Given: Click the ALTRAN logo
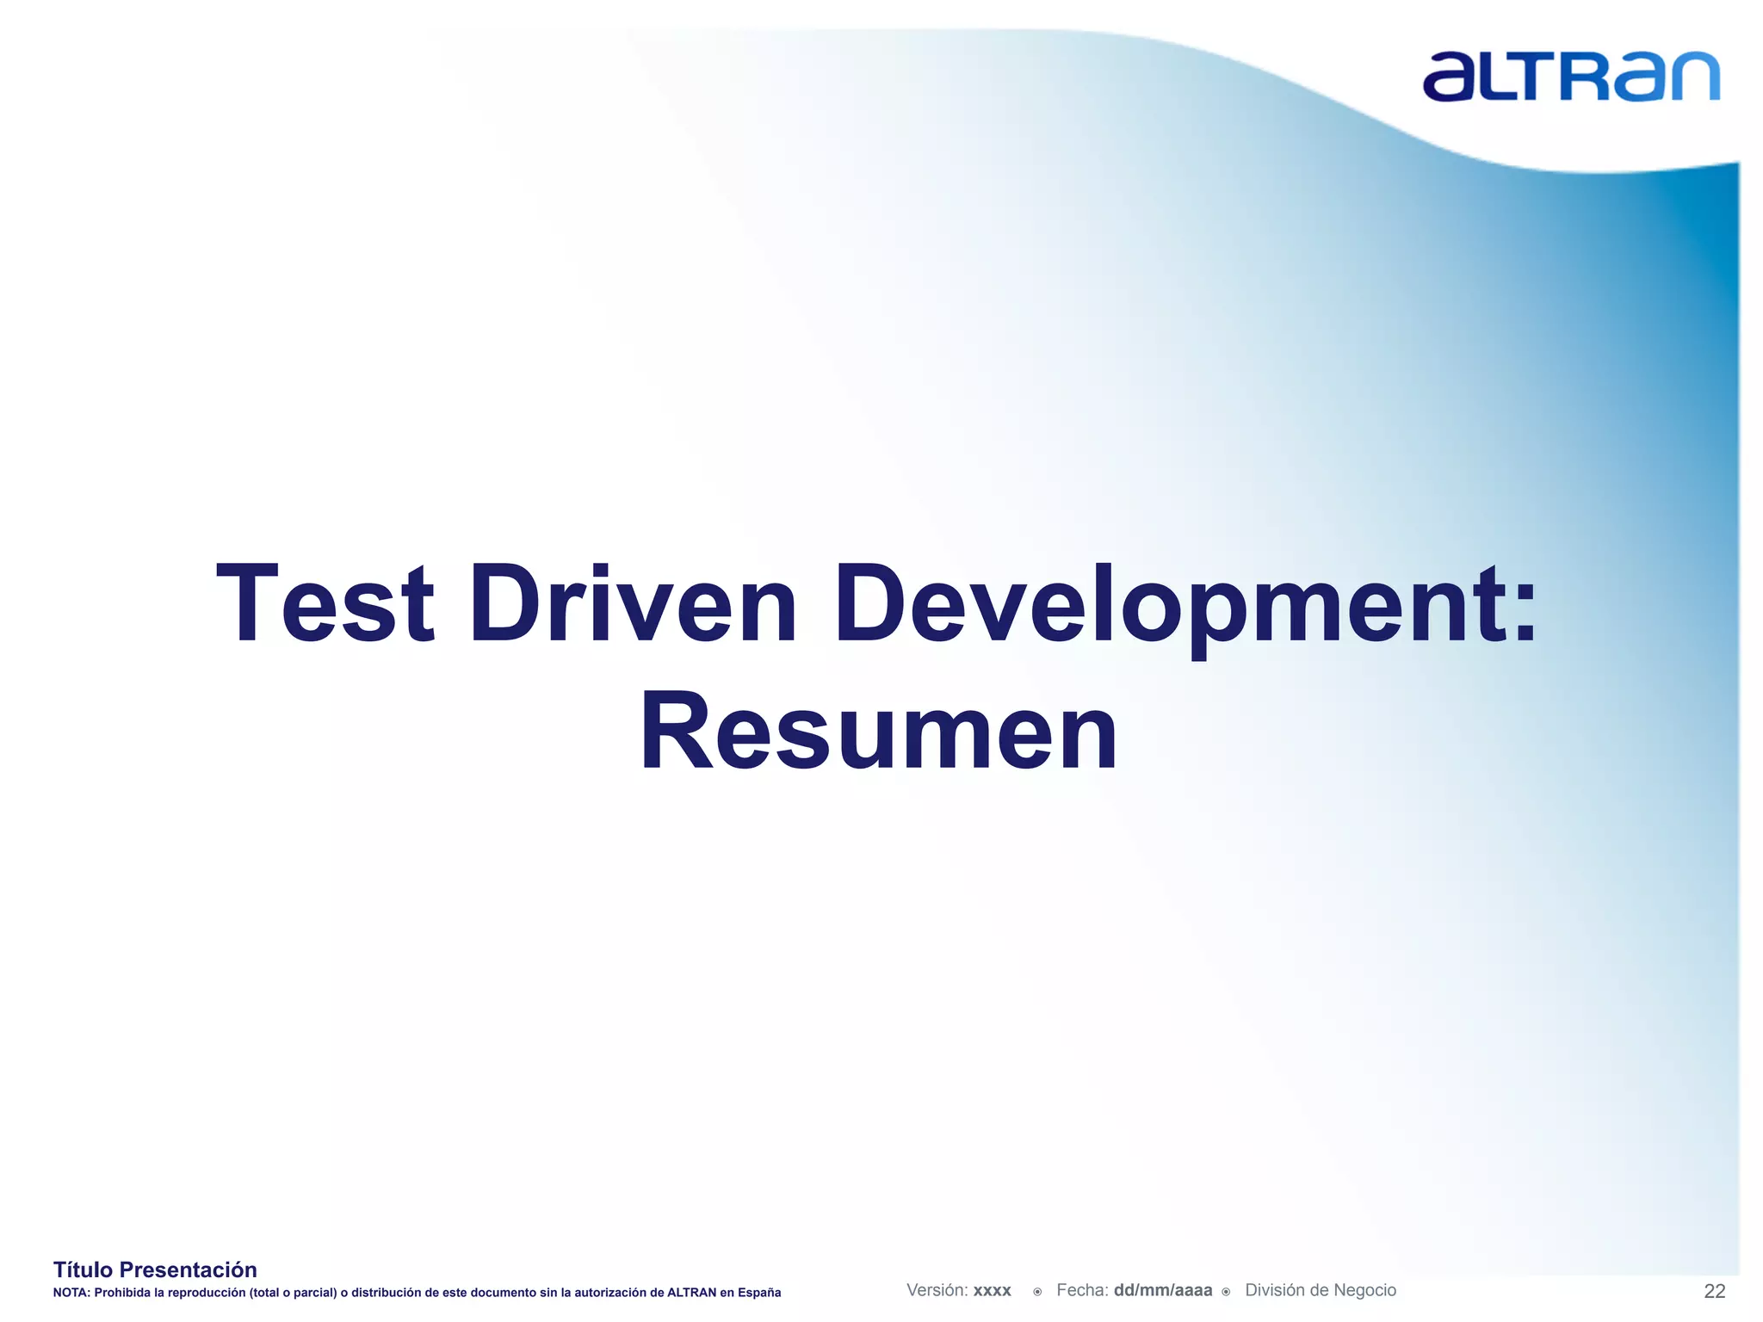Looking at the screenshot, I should coord(1570,77).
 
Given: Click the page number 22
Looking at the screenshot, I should coord(1714,1291).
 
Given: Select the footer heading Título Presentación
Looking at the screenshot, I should coord(155,1269).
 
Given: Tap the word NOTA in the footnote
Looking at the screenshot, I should coord(70,1293).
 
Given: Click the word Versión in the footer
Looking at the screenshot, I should coord(937,1290).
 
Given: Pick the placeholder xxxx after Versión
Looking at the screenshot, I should coord(992,1291).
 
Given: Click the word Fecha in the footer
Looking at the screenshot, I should coord(1082,1290).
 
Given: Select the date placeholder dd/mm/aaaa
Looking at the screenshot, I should coord(1162,1291).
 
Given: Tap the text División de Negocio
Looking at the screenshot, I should coord(1321,1290).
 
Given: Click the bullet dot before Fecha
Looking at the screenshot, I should coord(1037,1292).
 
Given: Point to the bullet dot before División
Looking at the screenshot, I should coord(1226,1292).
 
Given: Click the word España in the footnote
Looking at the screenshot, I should coord(759,1293).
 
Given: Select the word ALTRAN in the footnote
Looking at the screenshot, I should coord(691,1293).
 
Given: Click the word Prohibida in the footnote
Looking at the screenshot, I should coord(121,1293).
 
